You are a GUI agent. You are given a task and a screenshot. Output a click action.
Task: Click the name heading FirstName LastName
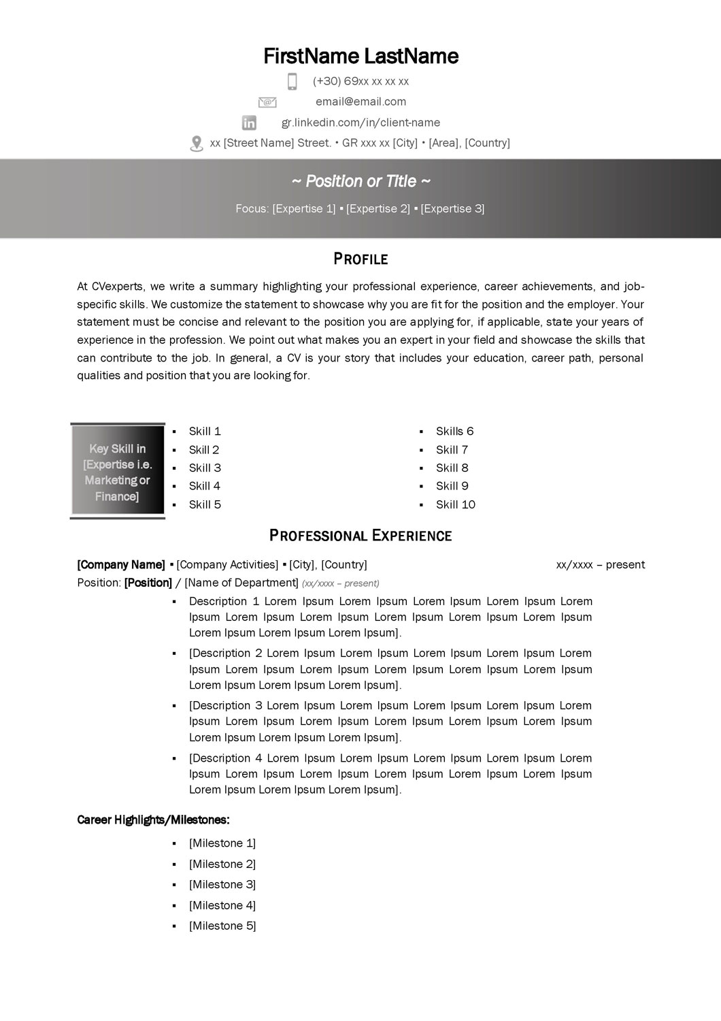tap(360, 56)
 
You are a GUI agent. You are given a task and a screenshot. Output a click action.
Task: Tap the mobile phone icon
tap(292, 82)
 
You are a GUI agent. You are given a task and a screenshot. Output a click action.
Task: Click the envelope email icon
tap(267, 102)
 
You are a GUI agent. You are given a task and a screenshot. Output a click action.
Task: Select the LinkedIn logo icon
tap(250, 123)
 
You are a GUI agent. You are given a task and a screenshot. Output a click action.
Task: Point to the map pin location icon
tap(197, 144)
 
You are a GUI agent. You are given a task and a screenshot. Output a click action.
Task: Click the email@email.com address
tap(360, 101)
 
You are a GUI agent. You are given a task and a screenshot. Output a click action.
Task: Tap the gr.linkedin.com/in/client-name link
tap(360, 123)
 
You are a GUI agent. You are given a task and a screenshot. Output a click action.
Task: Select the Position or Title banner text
tap(360, 181)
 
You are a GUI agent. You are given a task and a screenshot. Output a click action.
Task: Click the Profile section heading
tap(360, 259)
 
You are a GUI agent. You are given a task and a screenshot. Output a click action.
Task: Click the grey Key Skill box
tap(118, 472)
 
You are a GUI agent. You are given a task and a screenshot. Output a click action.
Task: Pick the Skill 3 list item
tap(205, 468)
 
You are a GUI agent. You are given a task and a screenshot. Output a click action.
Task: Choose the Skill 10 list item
tap(456, 504)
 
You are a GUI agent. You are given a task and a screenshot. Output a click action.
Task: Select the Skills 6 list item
tap(454, 431)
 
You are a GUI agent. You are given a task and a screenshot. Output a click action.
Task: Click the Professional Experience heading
tap(360, 536)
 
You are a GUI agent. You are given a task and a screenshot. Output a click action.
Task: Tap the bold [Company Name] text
tap(121, 564)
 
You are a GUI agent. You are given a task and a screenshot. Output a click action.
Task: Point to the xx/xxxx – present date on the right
tap(600, 564)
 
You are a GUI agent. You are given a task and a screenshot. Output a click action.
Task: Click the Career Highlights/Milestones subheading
tap(153, 820)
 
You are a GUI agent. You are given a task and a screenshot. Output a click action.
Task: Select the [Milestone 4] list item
tap(222, 905)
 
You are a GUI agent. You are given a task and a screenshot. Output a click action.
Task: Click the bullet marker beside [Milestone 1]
tap(175, 843)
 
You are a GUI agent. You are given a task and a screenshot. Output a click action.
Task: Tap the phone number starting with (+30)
tap(360, 81)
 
